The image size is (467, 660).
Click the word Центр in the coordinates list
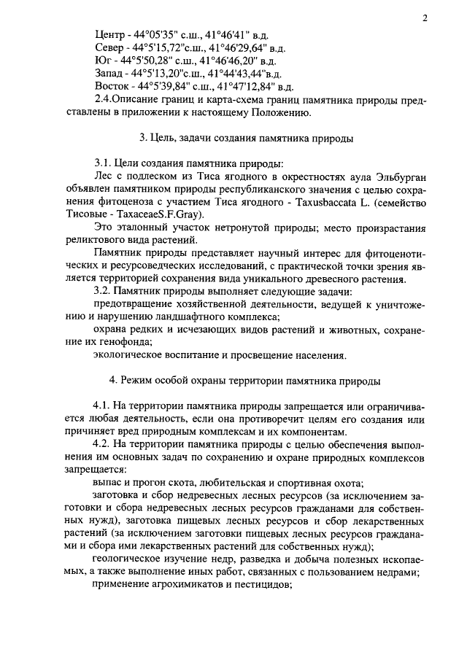[x=110, y=35]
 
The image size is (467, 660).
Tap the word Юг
[x=103, y=61]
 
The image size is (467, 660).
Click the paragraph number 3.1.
[x=107, y=163]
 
